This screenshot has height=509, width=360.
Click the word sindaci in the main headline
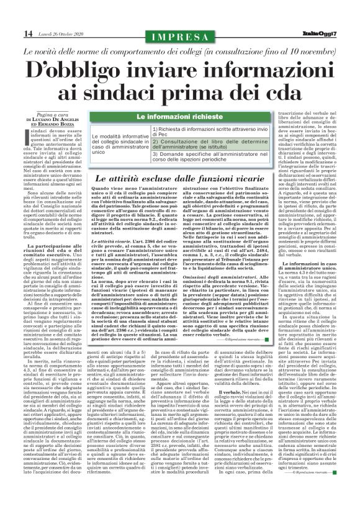(x=161, y=94)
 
